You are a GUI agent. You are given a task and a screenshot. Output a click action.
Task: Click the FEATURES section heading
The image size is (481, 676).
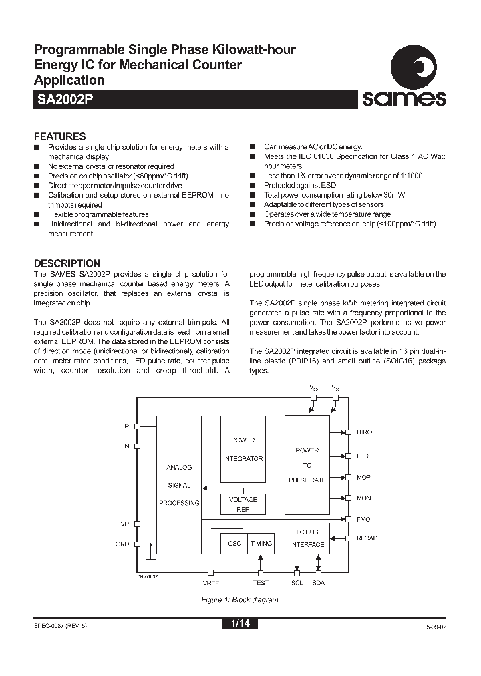(59, 136)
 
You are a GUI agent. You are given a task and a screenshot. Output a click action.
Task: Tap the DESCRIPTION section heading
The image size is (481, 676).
(67, 263)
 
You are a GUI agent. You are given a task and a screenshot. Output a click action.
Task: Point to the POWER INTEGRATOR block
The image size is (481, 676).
(243, 448)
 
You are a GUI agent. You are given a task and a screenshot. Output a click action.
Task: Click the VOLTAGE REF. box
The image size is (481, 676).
(243, 504)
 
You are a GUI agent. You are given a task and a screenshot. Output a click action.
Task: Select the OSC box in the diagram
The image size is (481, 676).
(234, 544)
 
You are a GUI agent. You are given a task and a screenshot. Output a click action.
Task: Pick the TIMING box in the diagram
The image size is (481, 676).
(261, 544)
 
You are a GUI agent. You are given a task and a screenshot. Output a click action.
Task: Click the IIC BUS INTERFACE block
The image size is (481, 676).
(307, 539)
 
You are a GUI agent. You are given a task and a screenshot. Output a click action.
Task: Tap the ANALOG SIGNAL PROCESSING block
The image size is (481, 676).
(178, 484)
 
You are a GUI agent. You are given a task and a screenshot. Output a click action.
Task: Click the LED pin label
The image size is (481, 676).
(363, 456)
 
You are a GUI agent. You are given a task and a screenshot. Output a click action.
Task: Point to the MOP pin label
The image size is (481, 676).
(363, 477)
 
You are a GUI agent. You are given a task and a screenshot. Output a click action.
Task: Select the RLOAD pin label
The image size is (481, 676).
(367, 538)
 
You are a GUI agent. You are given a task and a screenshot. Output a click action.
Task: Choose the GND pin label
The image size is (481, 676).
(122, 544)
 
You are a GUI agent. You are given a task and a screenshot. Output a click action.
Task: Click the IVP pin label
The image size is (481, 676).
(124, 524)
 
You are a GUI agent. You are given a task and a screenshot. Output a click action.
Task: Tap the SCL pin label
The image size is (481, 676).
(297, 583)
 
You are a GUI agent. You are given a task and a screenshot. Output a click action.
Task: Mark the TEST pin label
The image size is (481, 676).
(261, 583)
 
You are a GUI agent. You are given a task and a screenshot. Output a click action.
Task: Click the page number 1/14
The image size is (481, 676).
(239, 624)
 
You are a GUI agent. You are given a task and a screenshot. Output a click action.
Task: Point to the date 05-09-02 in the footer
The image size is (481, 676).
(434, 627)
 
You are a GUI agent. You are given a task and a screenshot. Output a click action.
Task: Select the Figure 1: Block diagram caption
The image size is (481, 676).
(240, 599)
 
